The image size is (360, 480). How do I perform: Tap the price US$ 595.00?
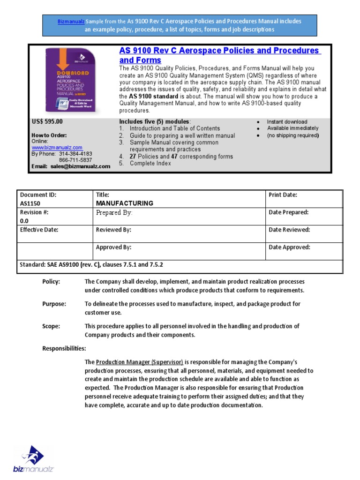pyautogui.click(x=47, y=121)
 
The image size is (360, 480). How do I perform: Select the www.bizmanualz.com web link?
pyautogui.click(x=57, y=147)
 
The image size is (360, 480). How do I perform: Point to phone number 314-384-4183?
pyautogui.click(x=75, y=154)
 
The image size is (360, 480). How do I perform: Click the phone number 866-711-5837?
pyautogui.click(x=75, y=160)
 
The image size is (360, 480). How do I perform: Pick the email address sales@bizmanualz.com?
pyautogui.click(x=81, y=166)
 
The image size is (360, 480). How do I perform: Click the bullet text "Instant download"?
pyautogui.click(x=287, y=122)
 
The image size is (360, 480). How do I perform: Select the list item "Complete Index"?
pyautogui.click(x=150, y=164)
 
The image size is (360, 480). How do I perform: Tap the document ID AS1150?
pyautogui.click(x=30, y=204)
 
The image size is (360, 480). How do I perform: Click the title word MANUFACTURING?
pyautogui.click(x=124, y=203)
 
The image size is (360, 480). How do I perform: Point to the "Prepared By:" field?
pyautogui.click(x=114, y=213)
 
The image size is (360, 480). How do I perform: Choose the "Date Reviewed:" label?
pyautogui.click(x=289, y=230)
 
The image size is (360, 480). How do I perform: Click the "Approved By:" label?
pyautogui.click(x=113, y=247)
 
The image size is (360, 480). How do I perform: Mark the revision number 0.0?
pyautogui.click(x=24, y=221)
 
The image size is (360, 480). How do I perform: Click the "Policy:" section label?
pyautogui.click(x=51, y=282)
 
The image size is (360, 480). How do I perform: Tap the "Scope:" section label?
pyautogui.click(x=51, y=326)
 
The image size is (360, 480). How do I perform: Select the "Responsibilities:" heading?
pyautogui.click(x=64, y=349)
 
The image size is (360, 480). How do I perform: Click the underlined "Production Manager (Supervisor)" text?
pyautogui.click(x=139, y=362)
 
